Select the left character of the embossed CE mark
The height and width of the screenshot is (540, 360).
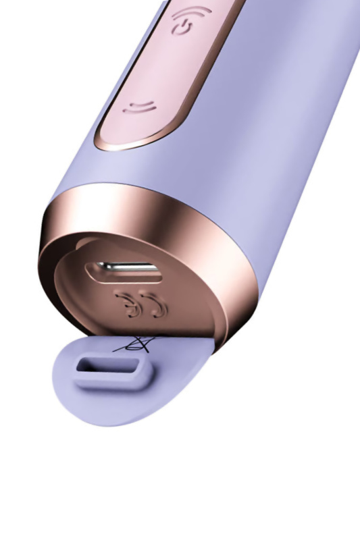[126, 304]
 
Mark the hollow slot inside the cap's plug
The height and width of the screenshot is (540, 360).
[107, 368]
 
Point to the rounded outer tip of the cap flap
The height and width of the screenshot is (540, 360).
[68, 398]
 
